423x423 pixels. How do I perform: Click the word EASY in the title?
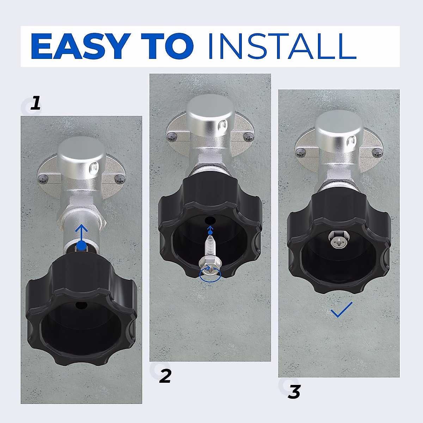pos(80,46)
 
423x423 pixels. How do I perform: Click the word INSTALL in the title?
pos(282,46)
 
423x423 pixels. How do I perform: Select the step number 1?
pos(35,103)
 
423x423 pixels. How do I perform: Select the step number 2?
pos(165,376)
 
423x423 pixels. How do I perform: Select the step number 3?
pos(294,392)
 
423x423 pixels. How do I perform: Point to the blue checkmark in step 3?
pos(342,310)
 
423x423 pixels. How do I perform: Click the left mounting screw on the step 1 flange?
pos(43,180)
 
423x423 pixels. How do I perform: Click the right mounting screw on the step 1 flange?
pos(120,180)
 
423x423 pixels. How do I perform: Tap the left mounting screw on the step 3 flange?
pos(301,153)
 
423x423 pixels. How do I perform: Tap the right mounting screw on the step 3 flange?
pos(378,153)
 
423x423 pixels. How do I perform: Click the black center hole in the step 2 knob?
pos(210,220)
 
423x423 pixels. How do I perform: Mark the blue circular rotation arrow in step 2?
pos(210,275)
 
